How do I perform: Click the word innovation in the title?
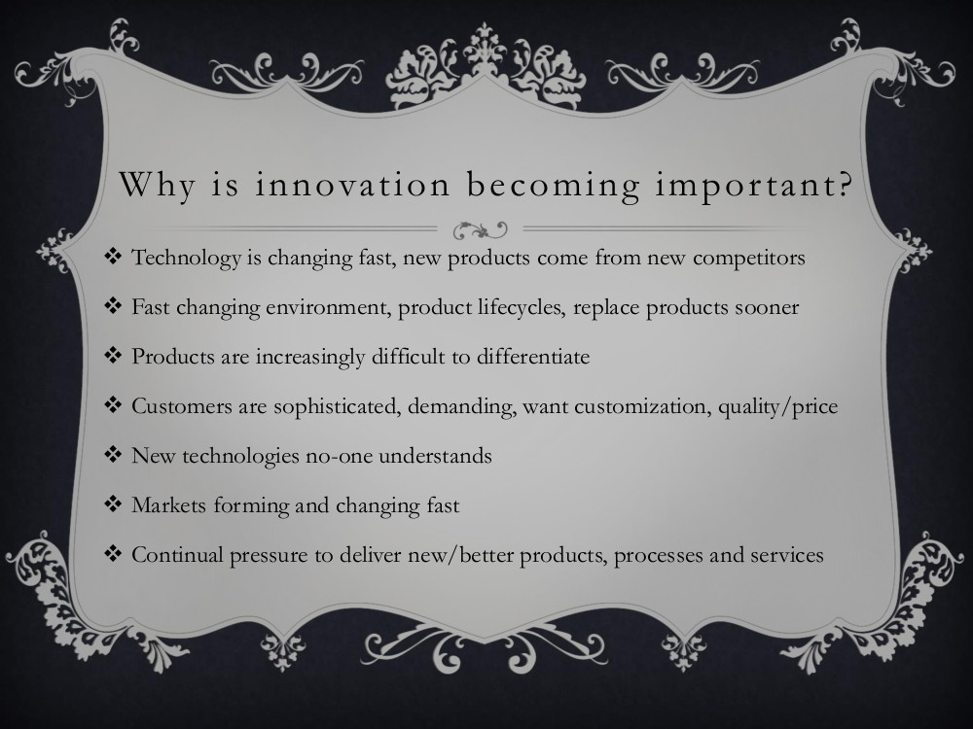coord(352,185)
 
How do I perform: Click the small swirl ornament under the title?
coord(480,229)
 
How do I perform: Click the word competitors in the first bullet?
coord(748,258)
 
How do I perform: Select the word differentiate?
coord(533,357)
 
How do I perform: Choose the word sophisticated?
coord(335,406)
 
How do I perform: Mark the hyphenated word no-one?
coord(339,457)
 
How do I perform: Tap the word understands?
coord(435,456)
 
